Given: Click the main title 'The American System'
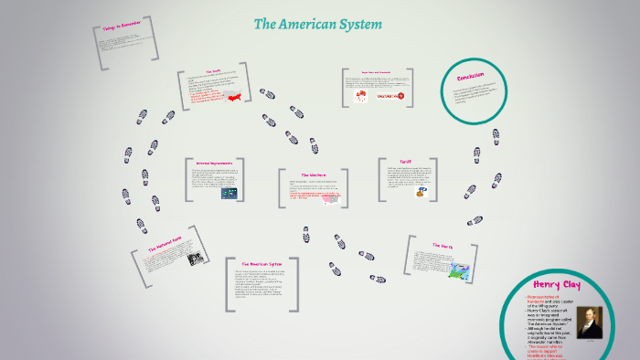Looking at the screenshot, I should pos(318,25).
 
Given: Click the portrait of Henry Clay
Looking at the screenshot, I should pos(589,322).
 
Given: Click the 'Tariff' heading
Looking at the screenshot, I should pos(406,161).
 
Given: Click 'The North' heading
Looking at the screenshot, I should pos(442,245).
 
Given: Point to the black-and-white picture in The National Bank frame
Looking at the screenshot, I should pos(195,259).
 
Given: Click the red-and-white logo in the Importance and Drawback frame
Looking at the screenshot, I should pos(389,95).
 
